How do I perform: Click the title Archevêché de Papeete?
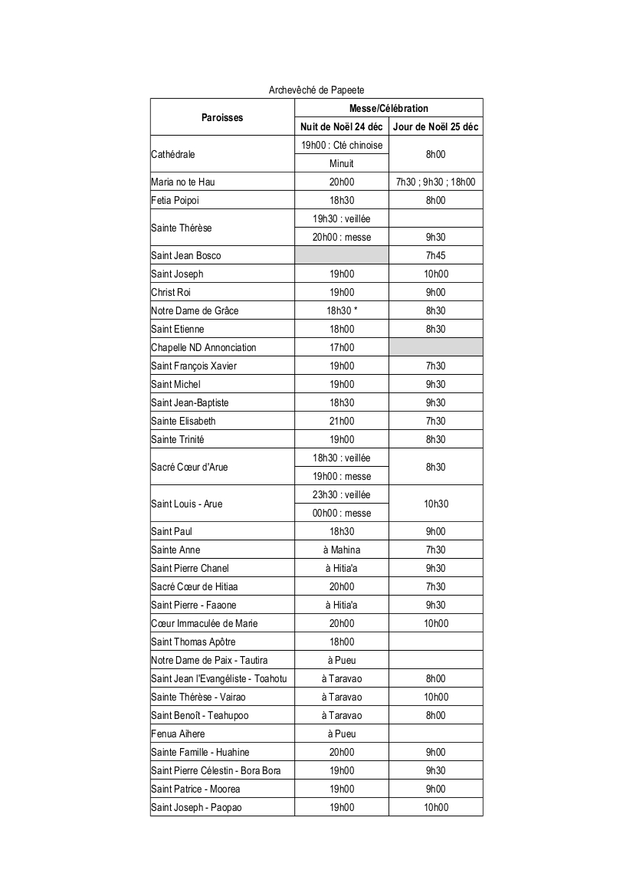point(316,90)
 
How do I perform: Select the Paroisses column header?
point(222,117)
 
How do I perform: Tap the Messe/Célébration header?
point(389,108)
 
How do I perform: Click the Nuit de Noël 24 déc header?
point(342,126)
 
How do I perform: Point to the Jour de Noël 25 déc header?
point(435,126)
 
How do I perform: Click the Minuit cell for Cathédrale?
point(342,163)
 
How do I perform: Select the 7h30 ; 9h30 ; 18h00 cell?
point(435,182)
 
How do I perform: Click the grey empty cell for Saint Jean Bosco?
point(342,255)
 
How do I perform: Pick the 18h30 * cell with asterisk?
point(342,310)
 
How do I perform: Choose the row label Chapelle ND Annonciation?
point(204,347)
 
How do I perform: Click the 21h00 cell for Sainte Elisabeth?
point(342,421)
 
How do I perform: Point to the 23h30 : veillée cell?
point(342,494)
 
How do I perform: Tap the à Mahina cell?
point(342,550)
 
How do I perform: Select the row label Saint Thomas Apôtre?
point(193,642)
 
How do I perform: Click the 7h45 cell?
point(435,255)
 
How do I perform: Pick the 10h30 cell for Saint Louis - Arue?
point(435,504)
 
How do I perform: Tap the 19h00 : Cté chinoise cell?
point(342,145)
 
